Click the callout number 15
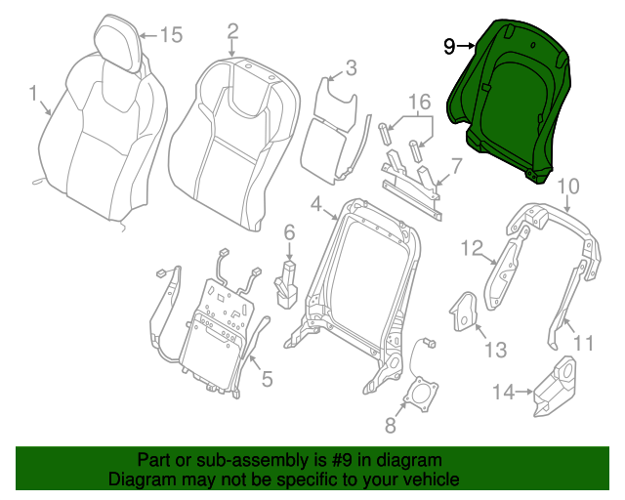tap(171, 36)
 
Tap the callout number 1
tap(33, 95)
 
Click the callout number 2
tap(232, 31)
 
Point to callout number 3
tap(351, 67)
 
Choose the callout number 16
tap(419, 102)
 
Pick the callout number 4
tap(316, 204)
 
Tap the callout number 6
tap(289, 232)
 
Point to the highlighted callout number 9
tap(449, 45)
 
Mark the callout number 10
tap(568, 185)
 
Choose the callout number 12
tap(473, 248)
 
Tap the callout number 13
tap(496, 349)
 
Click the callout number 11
tap(583, 342)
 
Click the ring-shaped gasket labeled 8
tap(422, 396)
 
